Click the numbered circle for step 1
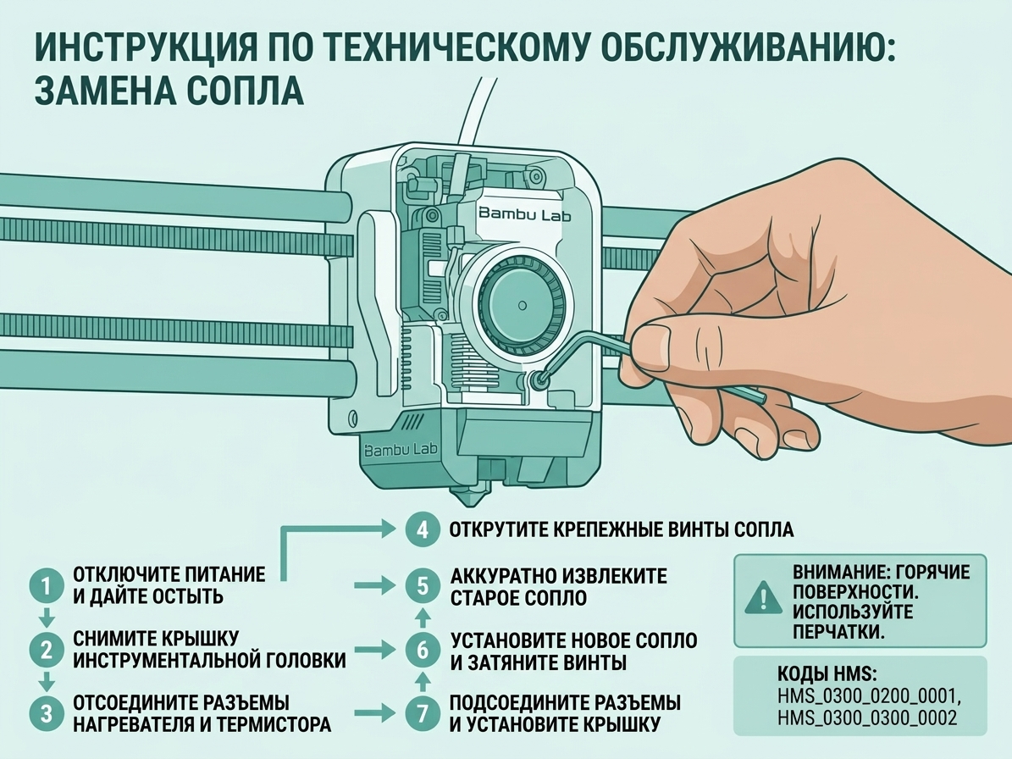[46, 586]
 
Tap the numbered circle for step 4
[423, 530]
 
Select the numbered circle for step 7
[423, 713]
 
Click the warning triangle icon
[764, 597]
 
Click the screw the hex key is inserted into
[538, 381]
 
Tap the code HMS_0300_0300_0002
[867, 718]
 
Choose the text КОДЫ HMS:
[827, 674]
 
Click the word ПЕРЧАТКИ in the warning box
[838, 630]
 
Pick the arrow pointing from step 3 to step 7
[375, 713]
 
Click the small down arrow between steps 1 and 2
[46, 618]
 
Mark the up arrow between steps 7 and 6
[423, 681]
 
